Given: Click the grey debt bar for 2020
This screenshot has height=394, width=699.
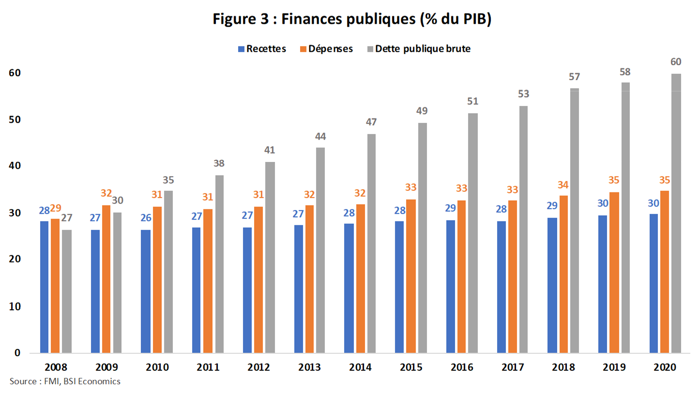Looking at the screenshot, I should [676, 213].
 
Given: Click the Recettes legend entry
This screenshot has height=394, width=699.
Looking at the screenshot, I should [261, 49].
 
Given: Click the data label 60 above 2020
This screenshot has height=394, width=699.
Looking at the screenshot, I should [676, 61].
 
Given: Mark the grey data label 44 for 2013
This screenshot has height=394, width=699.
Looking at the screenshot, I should [320, 136].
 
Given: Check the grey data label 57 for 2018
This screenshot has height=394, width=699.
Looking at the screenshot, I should [575, 77].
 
